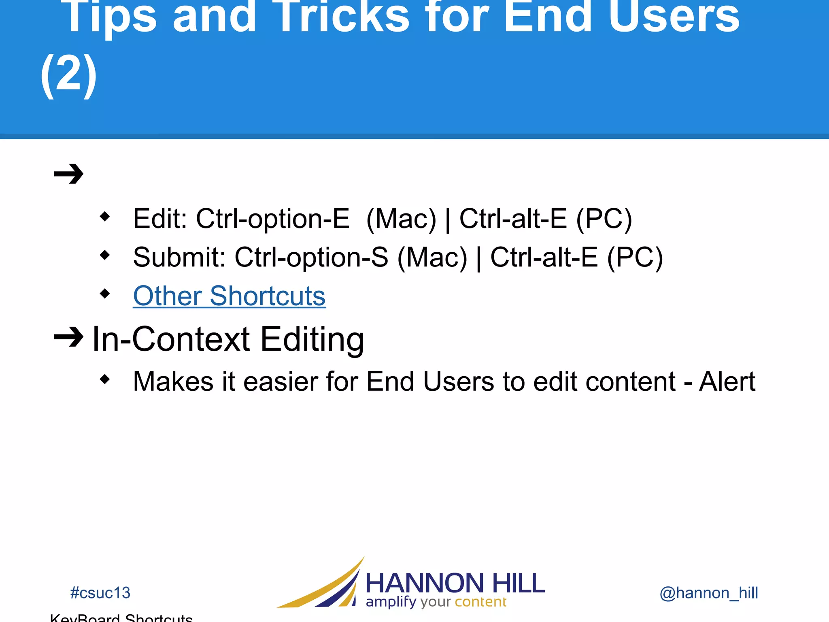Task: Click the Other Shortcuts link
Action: [229, 296]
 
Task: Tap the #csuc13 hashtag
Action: [100, 593]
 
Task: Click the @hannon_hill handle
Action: [708, 593]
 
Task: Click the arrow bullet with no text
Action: [68, 174]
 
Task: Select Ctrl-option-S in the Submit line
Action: [311, 258]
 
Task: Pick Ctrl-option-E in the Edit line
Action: [272, 219]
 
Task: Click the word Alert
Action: [727, 381]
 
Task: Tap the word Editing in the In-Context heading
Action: [312, 339]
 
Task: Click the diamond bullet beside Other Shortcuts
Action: [105, 293]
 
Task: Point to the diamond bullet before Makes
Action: [105, 379]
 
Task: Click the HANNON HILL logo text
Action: [455, 583]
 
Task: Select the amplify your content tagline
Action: [436, 602]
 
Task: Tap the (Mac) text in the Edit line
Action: [401, 219]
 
